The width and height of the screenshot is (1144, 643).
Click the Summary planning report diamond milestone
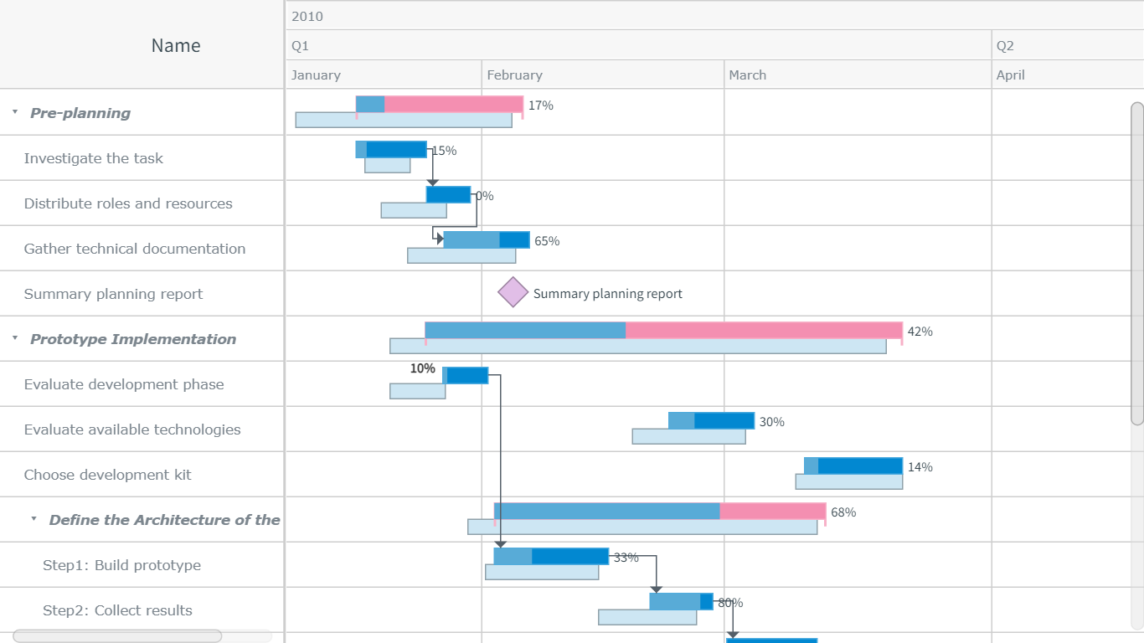pos(513,293)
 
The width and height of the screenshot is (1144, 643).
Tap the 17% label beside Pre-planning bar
pos(540,105)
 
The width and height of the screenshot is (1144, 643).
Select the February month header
pos(514,75)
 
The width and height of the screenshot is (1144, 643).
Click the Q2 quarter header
pos(1005,46)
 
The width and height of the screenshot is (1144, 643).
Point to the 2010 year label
pos(307,16)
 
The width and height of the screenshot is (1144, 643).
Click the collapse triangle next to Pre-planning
pos(15,111)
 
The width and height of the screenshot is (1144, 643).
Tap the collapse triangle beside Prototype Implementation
pos(15,337)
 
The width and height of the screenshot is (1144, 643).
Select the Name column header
pos(175,46)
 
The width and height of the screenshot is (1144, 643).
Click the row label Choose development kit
pos(107,475)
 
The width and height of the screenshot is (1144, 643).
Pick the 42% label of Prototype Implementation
pos(920,332)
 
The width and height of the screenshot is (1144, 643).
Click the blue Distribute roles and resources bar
pos(448,194)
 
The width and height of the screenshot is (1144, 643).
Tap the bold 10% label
pos(422,368)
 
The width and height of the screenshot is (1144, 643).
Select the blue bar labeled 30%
pos(711,420)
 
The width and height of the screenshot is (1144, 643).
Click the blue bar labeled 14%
pos(853,466)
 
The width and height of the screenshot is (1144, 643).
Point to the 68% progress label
pos(843,512)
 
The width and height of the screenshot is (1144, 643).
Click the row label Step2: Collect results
pos(117,610)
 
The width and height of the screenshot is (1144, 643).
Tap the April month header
pos(1010,75)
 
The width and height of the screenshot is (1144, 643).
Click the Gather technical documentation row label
pos(134,249)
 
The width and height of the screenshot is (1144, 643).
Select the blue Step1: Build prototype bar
pos(551,556)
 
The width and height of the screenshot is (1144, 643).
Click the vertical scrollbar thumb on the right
pos(1136,263)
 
